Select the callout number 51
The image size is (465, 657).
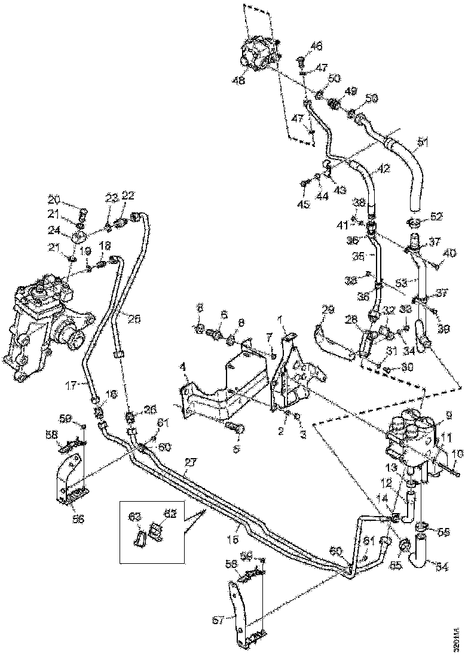[x=423, y=142]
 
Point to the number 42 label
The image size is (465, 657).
[x=383, y=168]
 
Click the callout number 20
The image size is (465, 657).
[x=54, y=198]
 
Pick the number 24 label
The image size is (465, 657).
[x=54, y=230]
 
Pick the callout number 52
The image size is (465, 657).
[x=437, y=216]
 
